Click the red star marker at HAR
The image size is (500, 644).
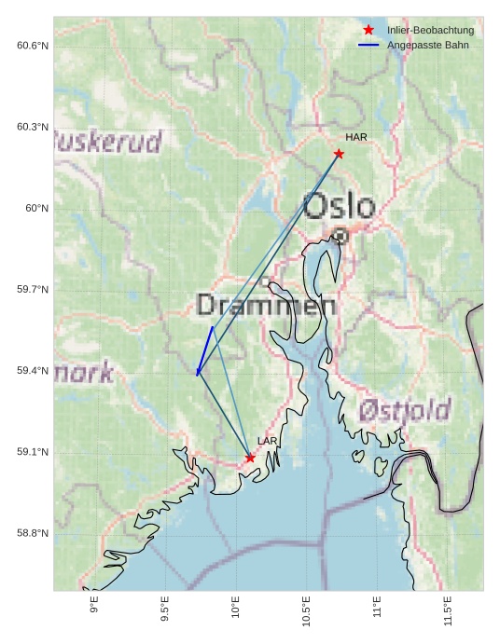339,154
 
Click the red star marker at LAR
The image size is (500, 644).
250,458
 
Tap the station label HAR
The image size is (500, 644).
356,137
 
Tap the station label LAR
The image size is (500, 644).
268,441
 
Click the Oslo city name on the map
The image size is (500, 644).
340,206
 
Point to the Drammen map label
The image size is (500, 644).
267,305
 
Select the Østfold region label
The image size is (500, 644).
405,409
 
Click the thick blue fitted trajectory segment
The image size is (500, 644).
205,350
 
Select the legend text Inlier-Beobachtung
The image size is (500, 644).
430,31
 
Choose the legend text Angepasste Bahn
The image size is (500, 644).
427,45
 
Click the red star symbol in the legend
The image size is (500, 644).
368,31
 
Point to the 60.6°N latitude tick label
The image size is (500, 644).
33,46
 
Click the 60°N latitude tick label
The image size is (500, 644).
36,208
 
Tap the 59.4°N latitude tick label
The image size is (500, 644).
33,371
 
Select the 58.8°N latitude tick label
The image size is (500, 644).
33,533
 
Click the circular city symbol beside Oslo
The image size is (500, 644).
340,237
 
